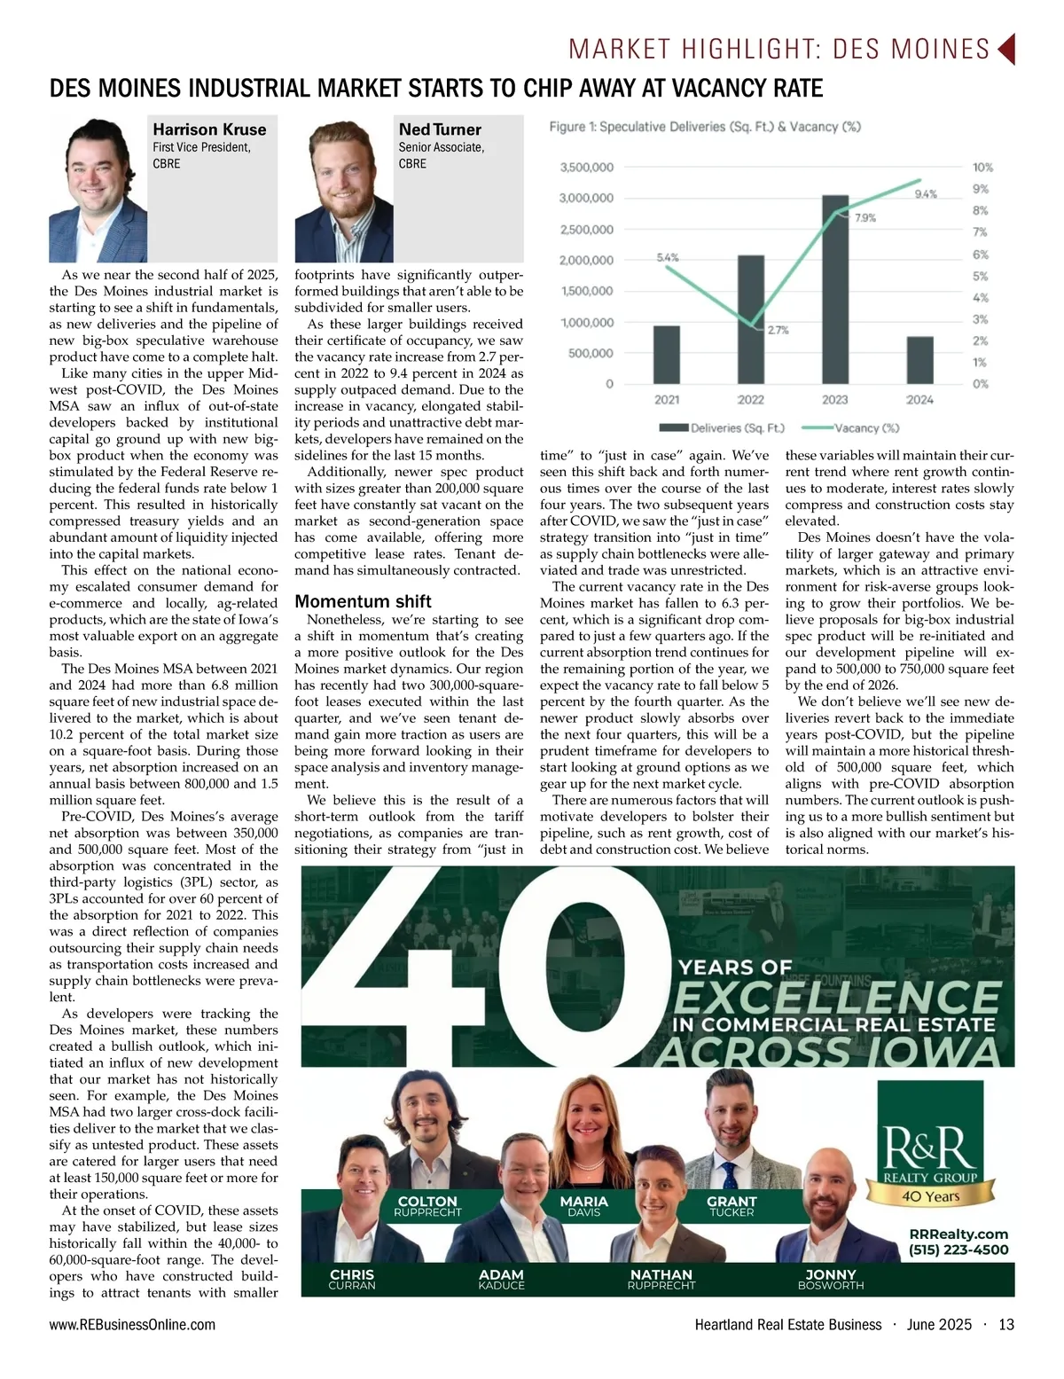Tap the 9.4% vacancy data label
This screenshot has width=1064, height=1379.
coord(925,194)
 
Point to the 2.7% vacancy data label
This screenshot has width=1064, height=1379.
coord(778,330)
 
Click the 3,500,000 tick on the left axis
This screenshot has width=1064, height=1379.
coord(586,167)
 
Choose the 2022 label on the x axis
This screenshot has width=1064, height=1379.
coord(750,400)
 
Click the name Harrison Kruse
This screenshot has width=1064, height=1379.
coord(209,129)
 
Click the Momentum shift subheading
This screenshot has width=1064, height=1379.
coord(363,601)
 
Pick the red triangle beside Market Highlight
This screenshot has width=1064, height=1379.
coord(1005,49)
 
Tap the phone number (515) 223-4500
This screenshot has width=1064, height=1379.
coord(958,1250)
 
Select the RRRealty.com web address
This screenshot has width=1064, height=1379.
coord(958,1234)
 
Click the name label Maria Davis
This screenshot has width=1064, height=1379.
coord(583,1206)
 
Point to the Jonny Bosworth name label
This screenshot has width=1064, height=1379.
coord(830,1279)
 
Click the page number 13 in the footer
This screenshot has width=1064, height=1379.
coord(1005,1324)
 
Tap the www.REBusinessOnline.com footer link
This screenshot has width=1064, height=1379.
coord(132,1324)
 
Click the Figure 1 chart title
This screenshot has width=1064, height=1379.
coord(705,127)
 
